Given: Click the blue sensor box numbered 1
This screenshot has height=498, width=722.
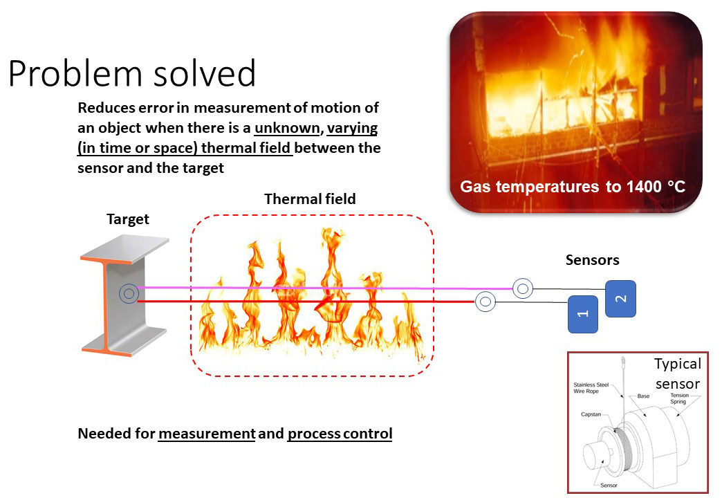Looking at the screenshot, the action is pos(583,314).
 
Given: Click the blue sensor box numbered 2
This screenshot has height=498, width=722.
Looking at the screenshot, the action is pos(621,299).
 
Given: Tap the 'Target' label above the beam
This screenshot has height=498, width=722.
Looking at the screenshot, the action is pos(127,219).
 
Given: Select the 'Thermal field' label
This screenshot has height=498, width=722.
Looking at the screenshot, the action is pos(310,199).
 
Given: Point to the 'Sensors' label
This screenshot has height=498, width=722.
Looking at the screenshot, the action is pos(592,260).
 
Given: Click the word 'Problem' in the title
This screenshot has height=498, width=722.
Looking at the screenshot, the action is pos(75,74).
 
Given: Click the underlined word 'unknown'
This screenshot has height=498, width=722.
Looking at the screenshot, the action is pos(287,127).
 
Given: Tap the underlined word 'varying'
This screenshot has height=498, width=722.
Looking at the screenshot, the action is pos(352,128).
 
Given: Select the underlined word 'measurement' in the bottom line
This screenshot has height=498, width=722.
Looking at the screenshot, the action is pos(207,434).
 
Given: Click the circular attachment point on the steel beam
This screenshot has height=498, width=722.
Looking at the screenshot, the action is pos(129,293).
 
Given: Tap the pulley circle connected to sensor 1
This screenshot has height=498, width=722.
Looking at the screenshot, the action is pos(485,302).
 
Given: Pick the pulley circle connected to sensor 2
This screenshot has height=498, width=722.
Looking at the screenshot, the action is pos(523,289).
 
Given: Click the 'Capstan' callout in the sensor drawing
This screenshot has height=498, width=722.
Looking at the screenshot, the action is pos(591,414).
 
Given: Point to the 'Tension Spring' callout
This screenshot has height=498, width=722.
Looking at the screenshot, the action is pos(678,398).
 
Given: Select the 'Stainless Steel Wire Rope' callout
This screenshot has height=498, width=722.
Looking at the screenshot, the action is pos(591,388).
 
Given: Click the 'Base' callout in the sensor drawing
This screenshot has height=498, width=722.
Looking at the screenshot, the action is pos(643,396).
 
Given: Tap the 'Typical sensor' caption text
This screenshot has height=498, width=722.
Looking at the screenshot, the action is pos(678,373).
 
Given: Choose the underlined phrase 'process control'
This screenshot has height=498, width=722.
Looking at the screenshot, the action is pos(340,434).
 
